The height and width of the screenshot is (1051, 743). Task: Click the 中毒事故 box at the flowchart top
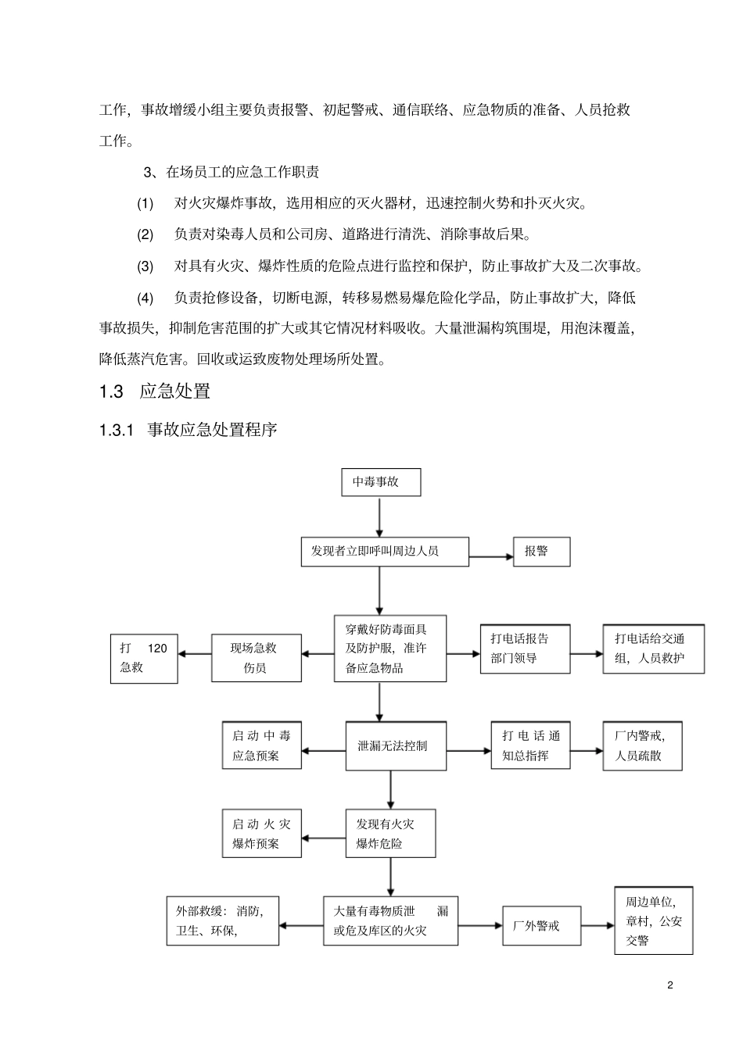(x=381, y=482)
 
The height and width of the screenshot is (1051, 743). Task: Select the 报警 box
(x=541, y=552)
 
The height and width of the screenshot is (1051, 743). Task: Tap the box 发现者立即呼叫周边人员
(x=385, y=552)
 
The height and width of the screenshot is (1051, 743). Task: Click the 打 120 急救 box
(x=144, y=658)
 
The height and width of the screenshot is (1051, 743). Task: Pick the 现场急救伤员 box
(x=257, y=658)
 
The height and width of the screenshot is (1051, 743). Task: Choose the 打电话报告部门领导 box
(x=525, y=649)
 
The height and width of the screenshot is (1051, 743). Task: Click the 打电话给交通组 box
(x=654, y=649)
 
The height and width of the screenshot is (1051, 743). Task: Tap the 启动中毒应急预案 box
(x=262, y=746)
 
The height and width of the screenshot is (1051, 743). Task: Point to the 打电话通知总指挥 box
(x=530, y=746)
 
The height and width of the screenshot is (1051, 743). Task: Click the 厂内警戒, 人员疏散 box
(x=641, y=746)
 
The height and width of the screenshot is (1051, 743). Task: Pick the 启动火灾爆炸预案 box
(x=262, y=835)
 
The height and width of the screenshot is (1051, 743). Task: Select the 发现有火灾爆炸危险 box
(x=390, y=835)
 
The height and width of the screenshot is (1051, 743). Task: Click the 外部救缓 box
(x=223, y=921)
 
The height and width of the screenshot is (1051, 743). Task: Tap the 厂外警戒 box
(x=541, y=926)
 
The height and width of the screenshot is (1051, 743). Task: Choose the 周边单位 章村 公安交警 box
(x=653, y=921)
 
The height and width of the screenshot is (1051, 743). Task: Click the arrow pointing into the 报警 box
(x=490, y=556)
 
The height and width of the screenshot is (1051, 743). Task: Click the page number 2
(x=670, y=985)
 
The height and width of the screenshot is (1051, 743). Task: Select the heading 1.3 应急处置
(x=155, y=391)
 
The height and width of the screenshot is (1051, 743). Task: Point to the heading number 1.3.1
(x=118, y=431)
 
